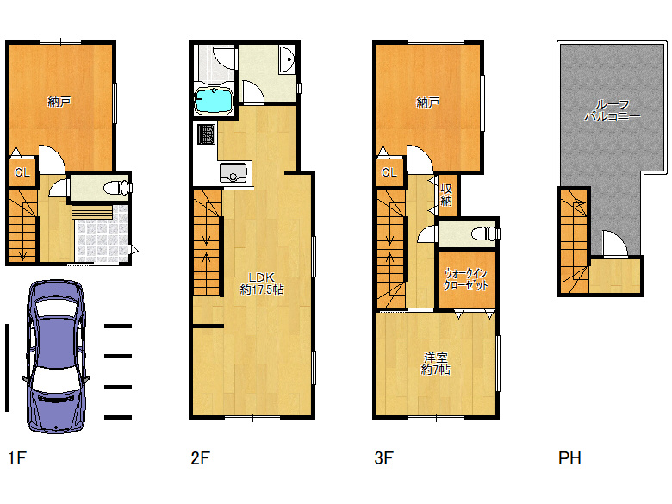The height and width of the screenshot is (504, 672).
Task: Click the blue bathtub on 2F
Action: pyautogui.click(x=213, y=101)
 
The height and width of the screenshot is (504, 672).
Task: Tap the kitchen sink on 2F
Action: pyautogui.click(x=233, y=172)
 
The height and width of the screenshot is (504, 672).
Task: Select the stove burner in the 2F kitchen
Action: pyautogui.click(x=206, y=134)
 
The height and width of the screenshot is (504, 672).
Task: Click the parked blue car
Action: pyautogui.click(x=56, y=357)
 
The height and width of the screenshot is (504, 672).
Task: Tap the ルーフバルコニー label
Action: pyautogui.click(x=613, y=110)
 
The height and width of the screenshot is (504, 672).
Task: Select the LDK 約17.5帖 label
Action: pyautogui.click(x=261, y=283)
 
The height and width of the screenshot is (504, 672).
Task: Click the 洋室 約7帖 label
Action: pyautogui.click(x=435, y=364)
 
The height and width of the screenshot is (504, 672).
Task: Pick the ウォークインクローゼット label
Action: pyautogui.click(x=466, y=279)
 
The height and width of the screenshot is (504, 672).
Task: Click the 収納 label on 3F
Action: pyautogui.click(x=446, y=195)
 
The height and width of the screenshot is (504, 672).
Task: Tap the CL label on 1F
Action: pyautogui.click(x=22, y=172)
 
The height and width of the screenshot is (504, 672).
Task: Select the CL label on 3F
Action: pyautogui.click(x=389, y=172)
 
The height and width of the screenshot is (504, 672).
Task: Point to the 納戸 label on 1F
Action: pyautogui.click(x=59, y=102)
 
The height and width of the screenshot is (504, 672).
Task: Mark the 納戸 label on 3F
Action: pyautogui.click(x=427, y=103)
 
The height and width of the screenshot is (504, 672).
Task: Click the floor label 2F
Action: pyautogui.click(x=200, y=458)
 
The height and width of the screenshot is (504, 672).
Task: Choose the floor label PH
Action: pyautogui.click(x=569, y=458)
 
